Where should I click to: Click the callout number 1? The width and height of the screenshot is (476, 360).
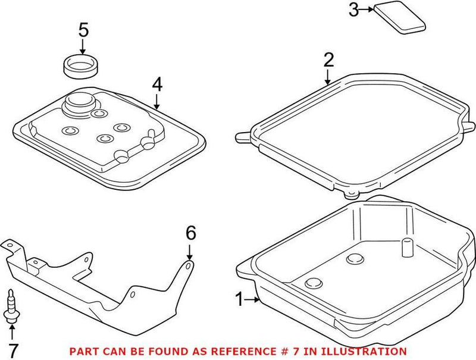tap(240, 299)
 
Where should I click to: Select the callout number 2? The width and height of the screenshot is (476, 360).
tap(328, 60)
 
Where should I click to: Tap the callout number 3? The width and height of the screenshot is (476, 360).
tap(353, 10)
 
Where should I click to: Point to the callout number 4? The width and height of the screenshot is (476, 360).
tap(157, 84)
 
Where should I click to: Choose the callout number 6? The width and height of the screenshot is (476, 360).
tap(190, 233)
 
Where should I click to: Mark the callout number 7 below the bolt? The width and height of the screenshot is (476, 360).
tap(13, 350)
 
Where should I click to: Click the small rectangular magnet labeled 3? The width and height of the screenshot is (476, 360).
tap(399, 18)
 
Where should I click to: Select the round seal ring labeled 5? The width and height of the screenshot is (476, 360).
tap(81, 67)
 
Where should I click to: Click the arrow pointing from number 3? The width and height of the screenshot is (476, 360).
tap(367, 10)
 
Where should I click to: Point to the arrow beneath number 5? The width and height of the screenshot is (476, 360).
tap(82, 47)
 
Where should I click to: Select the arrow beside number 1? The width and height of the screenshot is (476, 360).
tap(252, 300)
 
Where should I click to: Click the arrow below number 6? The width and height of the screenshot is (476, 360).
tap(189, 252)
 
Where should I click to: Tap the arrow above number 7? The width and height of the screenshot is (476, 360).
tap(12, 333)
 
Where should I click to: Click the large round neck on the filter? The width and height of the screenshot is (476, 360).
tap(79, 104)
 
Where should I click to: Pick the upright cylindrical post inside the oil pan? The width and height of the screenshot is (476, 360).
tap(407, 248)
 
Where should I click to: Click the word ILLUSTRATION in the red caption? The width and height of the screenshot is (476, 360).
tap(364, 352)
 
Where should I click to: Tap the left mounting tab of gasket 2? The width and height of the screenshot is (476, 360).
tap(243, 137)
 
